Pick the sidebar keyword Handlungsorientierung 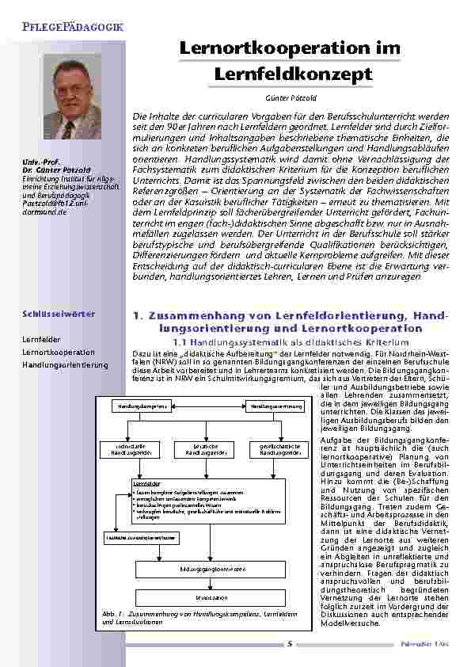tap(65, 364)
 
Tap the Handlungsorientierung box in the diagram tap(275, 406)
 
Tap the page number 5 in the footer tap(289, 644)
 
